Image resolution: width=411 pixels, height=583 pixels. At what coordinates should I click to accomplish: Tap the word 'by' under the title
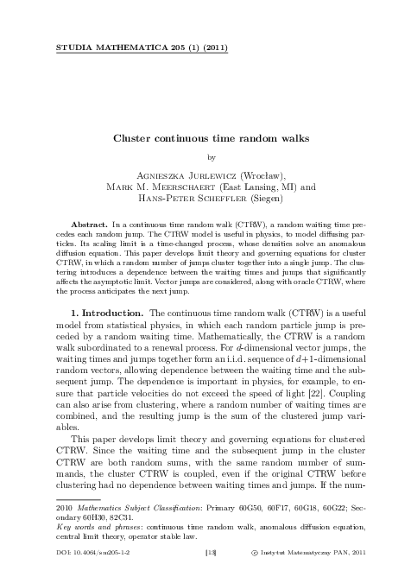click(x=205, y=156)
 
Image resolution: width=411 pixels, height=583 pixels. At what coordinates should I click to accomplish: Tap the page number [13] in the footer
click(x=205, y=548)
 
